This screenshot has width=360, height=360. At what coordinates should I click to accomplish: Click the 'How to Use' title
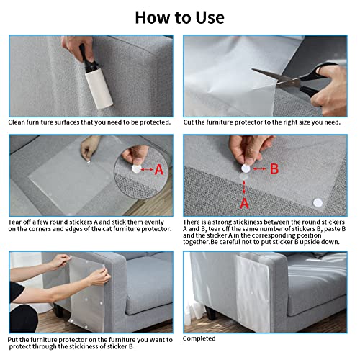coord(180,17)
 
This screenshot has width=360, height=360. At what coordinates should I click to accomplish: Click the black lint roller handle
coord(87,60)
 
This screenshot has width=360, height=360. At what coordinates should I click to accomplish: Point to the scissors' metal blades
coord(276,78)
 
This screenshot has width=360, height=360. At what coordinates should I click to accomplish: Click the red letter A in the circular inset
coord(159,170)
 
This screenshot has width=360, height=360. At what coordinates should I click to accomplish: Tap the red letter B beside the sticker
coord(274,168)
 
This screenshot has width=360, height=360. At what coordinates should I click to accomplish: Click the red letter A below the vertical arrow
coord(244,203)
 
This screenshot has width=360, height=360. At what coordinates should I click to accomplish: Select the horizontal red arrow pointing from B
coord(260,169)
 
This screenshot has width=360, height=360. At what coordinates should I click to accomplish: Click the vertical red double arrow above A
coord(244,187)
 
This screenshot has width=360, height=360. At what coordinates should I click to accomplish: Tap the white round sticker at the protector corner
coord(318,203)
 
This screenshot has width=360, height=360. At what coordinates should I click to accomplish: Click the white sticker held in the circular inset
coord(136,169)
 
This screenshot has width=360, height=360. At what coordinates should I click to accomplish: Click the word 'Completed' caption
coord(199,338)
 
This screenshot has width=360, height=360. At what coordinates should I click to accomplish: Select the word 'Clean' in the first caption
coord(17,122)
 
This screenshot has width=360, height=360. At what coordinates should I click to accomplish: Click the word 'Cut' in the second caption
coord(188,122)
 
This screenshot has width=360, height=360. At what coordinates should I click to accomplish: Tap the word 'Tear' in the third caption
coord(15,222)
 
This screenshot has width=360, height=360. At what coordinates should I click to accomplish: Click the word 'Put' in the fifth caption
coord(12,340)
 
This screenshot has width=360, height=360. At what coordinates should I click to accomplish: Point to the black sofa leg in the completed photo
coord(210,312)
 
